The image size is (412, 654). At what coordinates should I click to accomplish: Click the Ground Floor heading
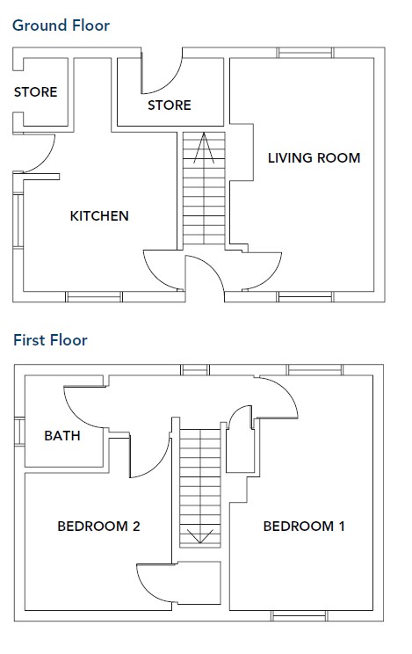click(61, 25)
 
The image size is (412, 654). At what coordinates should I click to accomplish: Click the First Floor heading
click(50, 340)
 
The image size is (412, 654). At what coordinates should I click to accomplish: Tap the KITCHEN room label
click(99, 216)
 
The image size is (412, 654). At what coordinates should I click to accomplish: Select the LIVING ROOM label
click(314, 158)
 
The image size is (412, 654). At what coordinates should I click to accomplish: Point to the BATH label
click(62, 436)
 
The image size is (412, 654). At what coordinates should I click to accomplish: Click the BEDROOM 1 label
click(304, 527)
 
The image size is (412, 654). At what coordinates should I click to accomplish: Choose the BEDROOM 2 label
click(98, 527)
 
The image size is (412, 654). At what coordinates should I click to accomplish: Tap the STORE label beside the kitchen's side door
click(35, 92)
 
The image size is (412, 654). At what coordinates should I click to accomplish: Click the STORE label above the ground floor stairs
click(170, 105)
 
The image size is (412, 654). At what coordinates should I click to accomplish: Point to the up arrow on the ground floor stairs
click(204, 148)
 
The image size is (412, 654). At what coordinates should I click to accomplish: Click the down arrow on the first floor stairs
click(200, 536)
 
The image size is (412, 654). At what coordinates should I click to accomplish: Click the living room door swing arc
click(271, 278)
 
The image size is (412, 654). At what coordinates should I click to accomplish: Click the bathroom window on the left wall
click(19, 432)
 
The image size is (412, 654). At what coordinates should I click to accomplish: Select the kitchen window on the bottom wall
click(94, 296)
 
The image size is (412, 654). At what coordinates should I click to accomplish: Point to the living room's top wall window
click(306, 53)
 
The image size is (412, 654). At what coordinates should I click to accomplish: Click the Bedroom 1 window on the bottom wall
click(299, 616)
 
